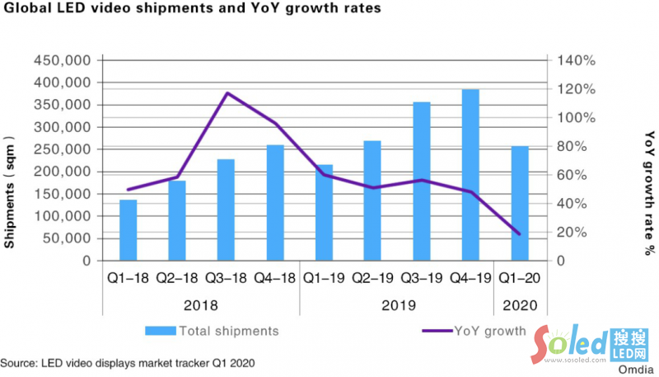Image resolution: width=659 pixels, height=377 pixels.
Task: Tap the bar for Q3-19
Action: click(x=422, y=181)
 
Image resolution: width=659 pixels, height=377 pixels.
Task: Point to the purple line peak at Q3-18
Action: click(x=227, y=93)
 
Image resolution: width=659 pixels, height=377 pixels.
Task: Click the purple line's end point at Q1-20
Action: click(x=520, y=234)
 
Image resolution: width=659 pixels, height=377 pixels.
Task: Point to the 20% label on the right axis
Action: click(x=570, y=232)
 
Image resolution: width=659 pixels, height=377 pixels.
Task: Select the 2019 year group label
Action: click(x=396, y=305)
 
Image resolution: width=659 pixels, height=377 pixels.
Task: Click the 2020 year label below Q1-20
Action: click(x=519, y=305)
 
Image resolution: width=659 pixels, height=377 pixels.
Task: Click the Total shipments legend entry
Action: click(x=213, y=331)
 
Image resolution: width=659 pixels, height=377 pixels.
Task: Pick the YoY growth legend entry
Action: click(x=474, y=331)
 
